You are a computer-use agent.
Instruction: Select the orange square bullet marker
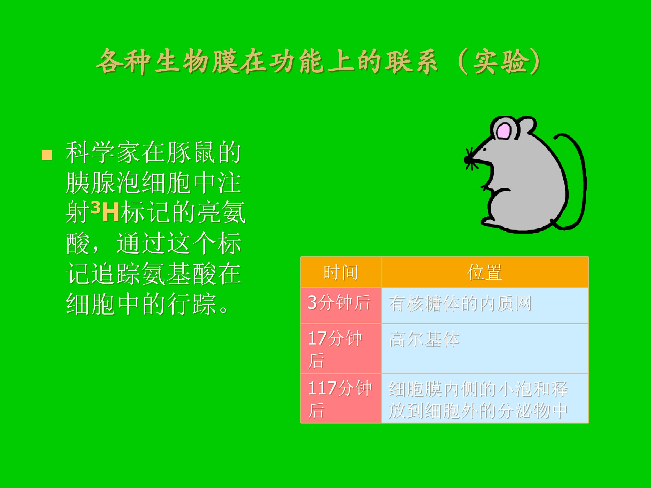click(x=47, y=155)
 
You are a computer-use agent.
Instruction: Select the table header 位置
click(x=484, y=272)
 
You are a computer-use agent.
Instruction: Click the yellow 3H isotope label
click(x=105, y=211)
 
